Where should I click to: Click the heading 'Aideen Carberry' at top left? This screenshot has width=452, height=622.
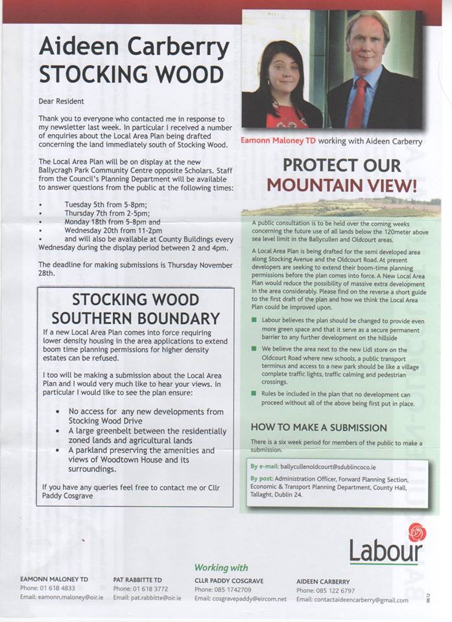(134, 47)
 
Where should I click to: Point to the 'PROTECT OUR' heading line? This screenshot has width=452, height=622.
(340, 165)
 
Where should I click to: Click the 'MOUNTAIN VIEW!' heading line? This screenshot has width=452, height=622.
(341, 185)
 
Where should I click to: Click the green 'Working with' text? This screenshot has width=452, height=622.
(220, 567)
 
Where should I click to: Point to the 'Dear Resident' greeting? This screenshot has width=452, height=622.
(61, 101)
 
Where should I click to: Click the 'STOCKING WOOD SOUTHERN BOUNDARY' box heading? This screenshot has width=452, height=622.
(136, 308)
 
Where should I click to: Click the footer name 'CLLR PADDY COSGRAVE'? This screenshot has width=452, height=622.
(229, 580)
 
